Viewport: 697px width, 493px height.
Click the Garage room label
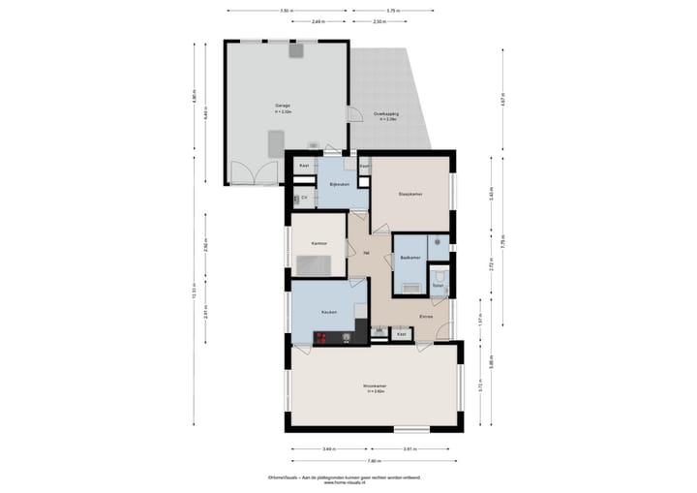tap(282, 105)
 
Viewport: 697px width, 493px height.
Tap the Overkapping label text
tap(386, 114)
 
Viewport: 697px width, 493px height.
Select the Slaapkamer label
tap(410, 194)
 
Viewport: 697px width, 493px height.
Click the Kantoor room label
tap(318, 242)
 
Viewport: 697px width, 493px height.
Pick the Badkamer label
tap(409, 258)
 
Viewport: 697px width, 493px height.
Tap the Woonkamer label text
tap(375, 385)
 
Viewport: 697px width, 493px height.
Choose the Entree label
tap(426, 317)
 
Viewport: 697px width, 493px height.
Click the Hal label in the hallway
tap(366, 250)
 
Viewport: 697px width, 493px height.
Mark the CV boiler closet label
tap(304, 198)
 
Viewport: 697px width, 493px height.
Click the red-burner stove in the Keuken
tap(320, 337)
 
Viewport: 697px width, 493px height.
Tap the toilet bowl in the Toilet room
tap(438, 274)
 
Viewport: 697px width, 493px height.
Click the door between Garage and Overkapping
tap(350, 113)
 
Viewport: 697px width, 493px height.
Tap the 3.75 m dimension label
tap(391, 11)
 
